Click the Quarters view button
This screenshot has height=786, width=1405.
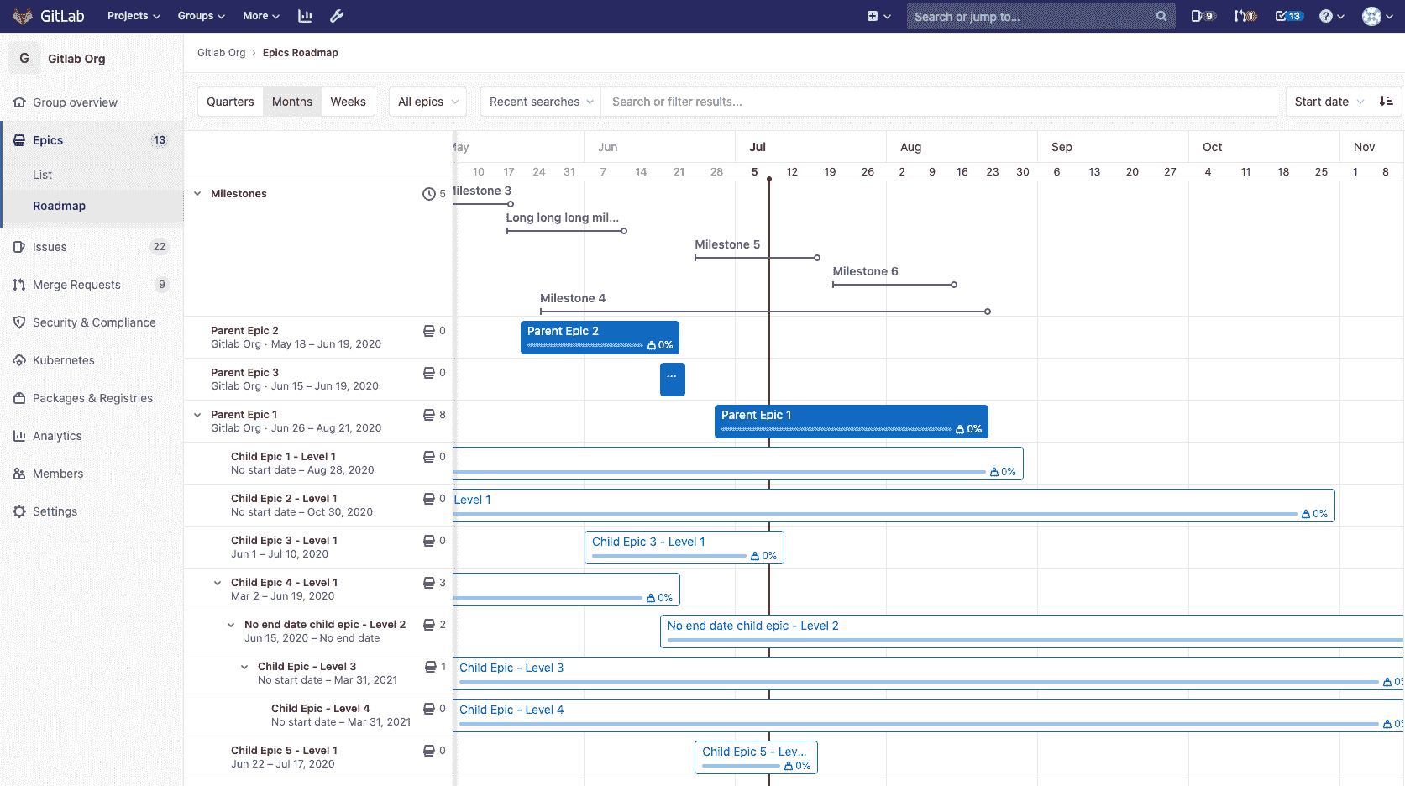point(230,102)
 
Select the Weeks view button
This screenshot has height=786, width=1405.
point(348,102)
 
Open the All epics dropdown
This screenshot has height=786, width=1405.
point(427,102)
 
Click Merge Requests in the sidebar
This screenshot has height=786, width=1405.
point(76,285)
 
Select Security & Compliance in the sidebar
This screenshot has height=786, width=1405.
point(94,322)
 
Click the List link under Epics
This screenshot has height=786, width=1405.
point(42,175)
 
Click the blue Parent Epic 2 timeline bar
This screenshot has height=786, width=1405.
point(600,338)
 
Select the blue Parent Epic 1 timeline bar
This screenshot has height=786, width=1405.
point(851,422)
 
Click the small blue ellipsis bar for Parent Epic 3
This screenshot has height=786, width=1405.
point(672,379)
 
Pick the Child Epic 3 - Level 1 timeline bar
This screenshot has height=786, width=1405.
point(684,548)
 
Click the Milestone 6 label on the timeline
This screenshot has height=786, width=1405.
point(865,271)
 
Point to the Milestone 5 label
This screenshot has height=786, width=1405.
point(727,244)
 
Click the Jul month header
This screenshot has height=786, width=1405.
point(758,147)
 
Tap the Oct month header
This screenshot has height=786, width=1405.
point(1212,147)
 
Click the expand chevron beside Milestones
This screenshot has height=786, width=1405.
point(197,194)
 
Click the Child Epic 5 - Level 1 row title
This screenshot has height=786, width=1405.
point(284,751)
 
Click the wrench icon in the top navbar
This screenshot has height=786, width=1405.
point(337,16)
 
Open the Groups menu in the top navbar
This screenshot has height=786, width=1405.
point(201,16)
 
